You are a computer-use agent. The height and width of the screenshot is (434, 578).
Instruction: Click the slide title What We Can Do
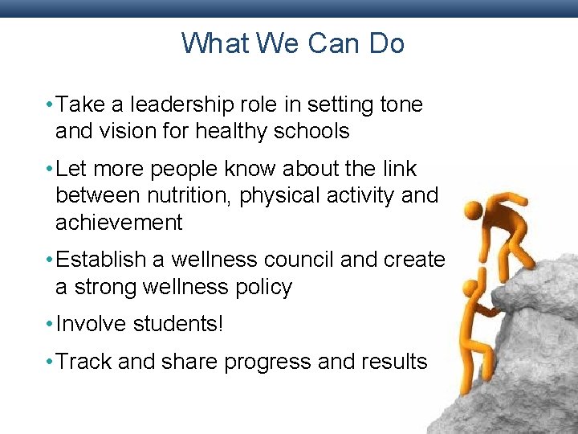click(292, 43)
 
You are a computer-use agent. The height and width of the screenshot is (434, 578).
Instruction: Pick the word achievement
click(119, 223)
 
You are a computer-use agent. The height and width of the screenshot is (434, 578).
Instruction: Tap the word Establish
click(102, 260)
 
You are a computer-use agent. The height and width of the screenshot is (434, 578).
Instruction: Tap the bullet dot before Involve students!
click(49, 325)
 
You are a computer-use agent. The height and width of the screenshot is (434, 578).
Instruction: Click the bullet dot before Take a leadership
click(49, 104)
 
